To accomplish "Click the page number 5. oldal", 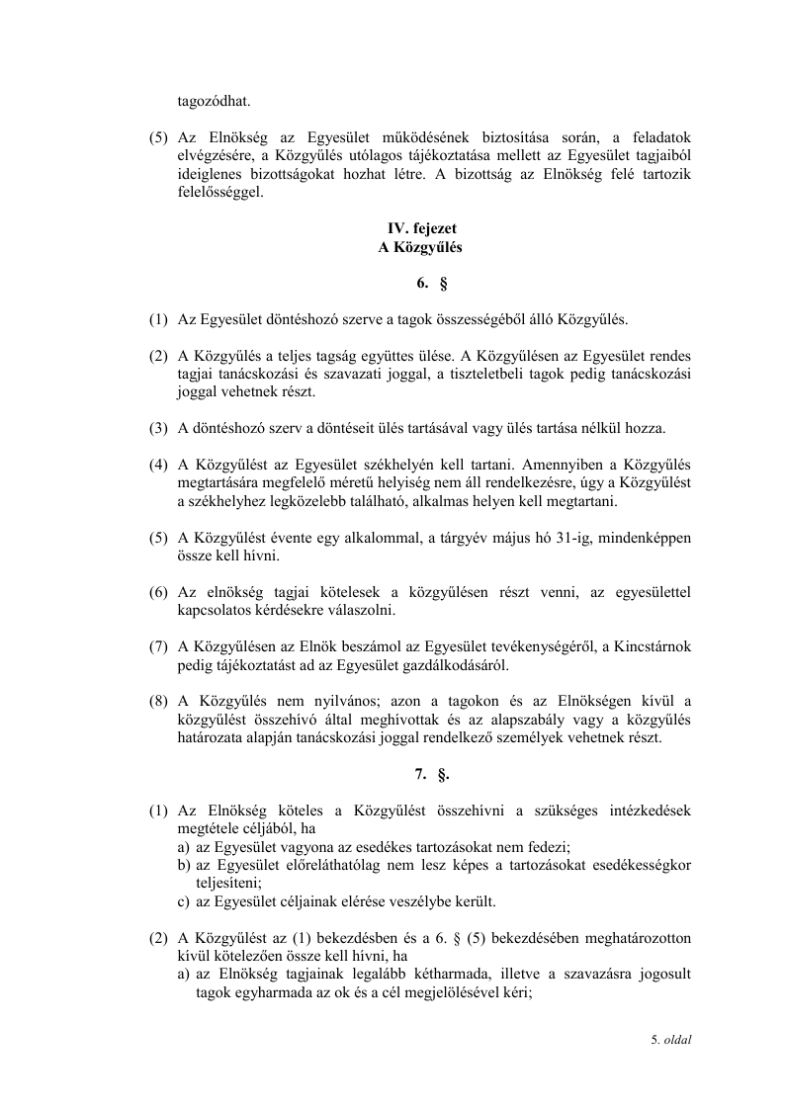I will [670, 1039].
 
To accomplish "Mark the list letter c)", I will [185, 900].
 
